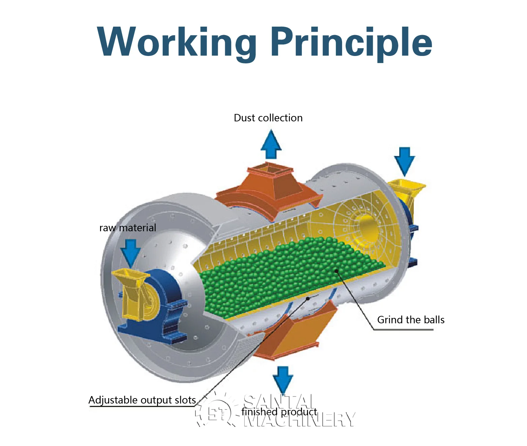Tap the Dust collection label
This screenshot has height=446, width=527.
(x=268, y=118)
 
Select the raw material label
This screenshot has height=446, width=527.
(x=127, y=228)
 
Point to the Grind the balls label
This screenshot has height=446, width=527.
(x=410, y=320)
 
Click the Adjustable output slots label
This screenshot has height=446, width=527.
(x=142, y=400)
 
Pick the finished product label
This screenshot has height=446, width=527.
(x=279, y=412)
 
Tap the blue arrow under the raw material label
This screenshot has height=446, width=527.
(x=130, y=252)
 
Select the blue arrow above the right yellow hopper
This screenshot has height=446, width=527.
(x=404, y=160)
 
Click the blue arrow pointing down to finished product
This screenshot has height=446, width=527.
(x=283, y=379)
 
